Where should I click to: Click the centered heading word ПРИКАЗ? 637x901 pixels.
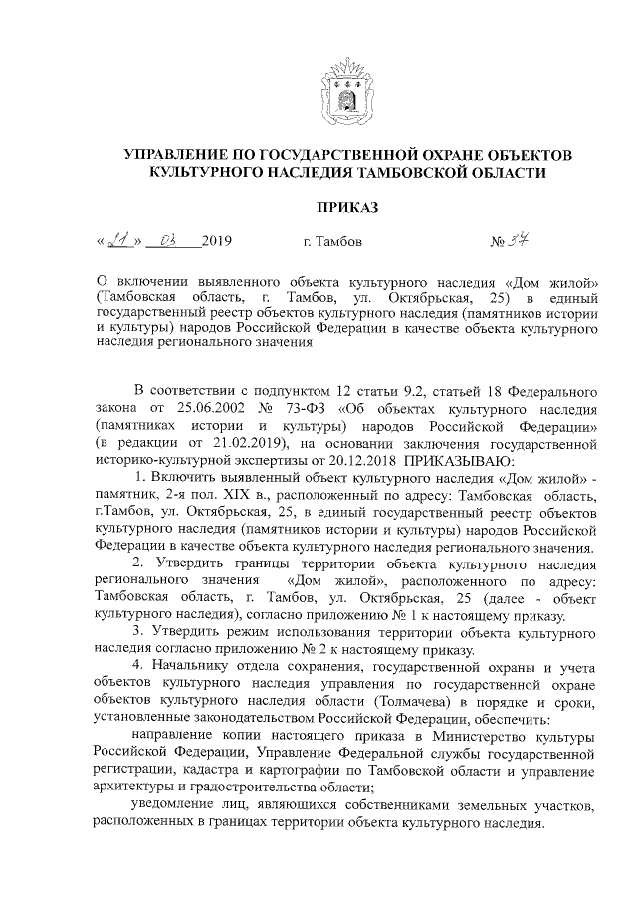coord(345,208)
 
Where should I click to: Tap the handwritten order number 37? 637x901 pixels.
coord(532,240)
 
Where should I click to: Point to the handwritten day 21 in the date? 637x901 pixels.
coord(119,240)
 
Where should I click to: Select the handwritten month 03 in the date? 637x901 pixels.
coord(166,240)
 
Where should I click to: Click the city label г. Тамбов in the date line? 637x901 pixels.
coord(330,241)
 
